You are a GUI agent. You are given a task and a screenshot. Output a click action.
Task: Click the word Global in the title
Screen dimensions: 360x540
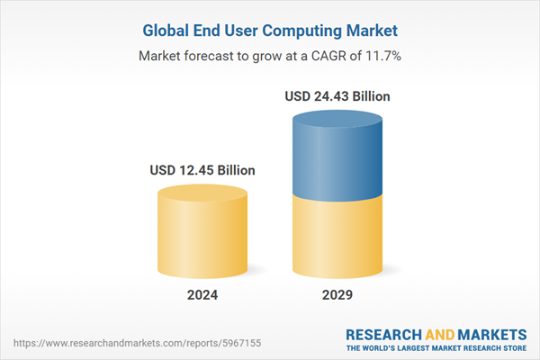tap(167, 31)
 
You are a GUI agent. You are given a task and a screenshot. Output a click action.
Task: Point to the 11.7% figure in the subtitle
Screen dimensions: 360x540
tap(383, 56)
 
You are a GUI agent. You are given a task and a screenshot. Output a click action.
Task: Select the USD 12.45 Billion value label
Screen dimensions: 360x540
tap(202, 169)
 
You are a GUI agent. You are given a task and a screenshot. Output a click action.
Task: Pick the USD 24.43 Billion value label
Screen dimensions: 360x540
tap(337, 95)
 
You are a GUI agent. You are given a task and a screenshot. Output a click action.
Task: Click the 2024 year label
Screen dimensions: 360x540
tap(202, 294)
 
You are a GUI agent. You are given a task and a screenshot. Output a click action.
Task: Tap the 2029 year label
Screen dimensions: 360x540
tap(337, 294)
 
